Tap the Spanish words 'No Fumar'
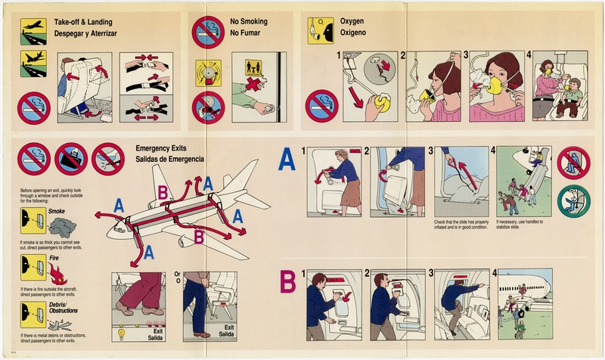click(x=249, y=34)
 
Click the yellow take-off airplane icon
click(x=33, y=26)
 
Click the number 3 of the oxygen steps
click(x=466, y=55)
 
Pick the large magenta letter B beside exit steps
click(x=287, y=282)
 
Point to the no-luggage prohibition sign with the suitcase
click(x=71, y=159)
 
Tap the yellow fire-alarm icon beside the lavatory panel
click(x=208, y=72)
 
